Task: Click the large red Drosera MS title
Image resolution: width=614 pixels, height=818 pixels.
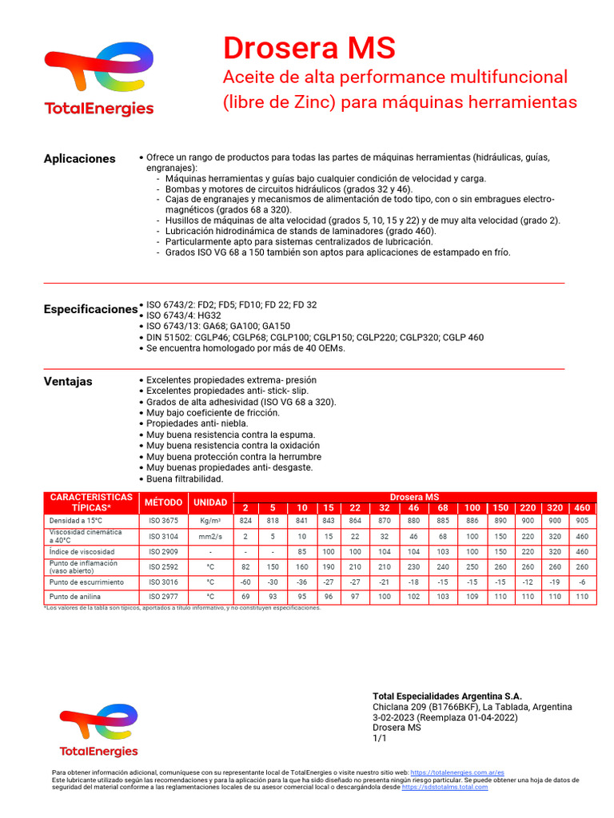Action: point(309,49)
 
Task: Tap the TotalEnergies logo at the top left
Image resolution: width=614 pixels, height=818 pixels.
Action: point(99,80)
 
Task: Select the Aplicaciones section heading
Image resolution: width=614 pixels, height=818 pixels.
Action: point(79,158)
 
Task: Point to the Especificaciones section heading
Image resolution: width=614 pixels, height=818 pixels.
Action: point(90,308)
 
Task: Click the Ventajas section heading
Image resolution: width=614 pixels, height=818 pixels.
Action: point(68,381)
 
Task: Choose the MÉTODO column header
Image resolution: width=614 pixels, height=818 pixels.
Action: point(163,502)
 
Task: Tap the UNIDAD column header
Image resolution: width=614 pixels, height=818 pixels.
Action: point(210,502)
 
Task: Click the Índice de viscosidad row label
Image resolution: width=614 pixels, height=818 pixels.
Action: point(82,552)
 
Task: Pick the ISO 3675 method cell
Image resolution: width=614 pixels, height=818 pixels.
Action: point(163,520)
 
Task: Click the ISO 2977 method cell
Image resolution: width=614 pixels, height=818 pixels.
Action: point(163,597)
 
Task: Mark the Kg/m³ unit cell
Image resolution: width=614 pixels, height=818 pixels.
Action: point(210,520)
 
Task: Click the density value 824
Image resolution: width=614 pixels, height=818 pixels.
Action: point(245,520)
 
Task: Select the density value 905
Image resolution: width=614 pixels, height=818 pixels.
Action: point(582,520)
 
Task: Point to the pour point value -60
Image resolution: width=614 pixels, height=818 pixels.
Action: point(245,582)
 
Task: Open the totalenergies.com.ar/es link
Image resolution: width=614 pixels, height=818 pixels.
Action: point(457,773)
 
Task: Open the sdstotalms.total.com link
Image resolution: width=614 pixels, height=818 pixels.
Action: point(445,787)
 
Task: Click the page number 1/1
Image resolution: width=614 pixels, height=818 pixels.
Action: point(380,739)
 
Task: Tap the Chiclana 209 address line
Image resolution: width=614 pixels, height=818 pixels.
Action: point(472,707)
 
